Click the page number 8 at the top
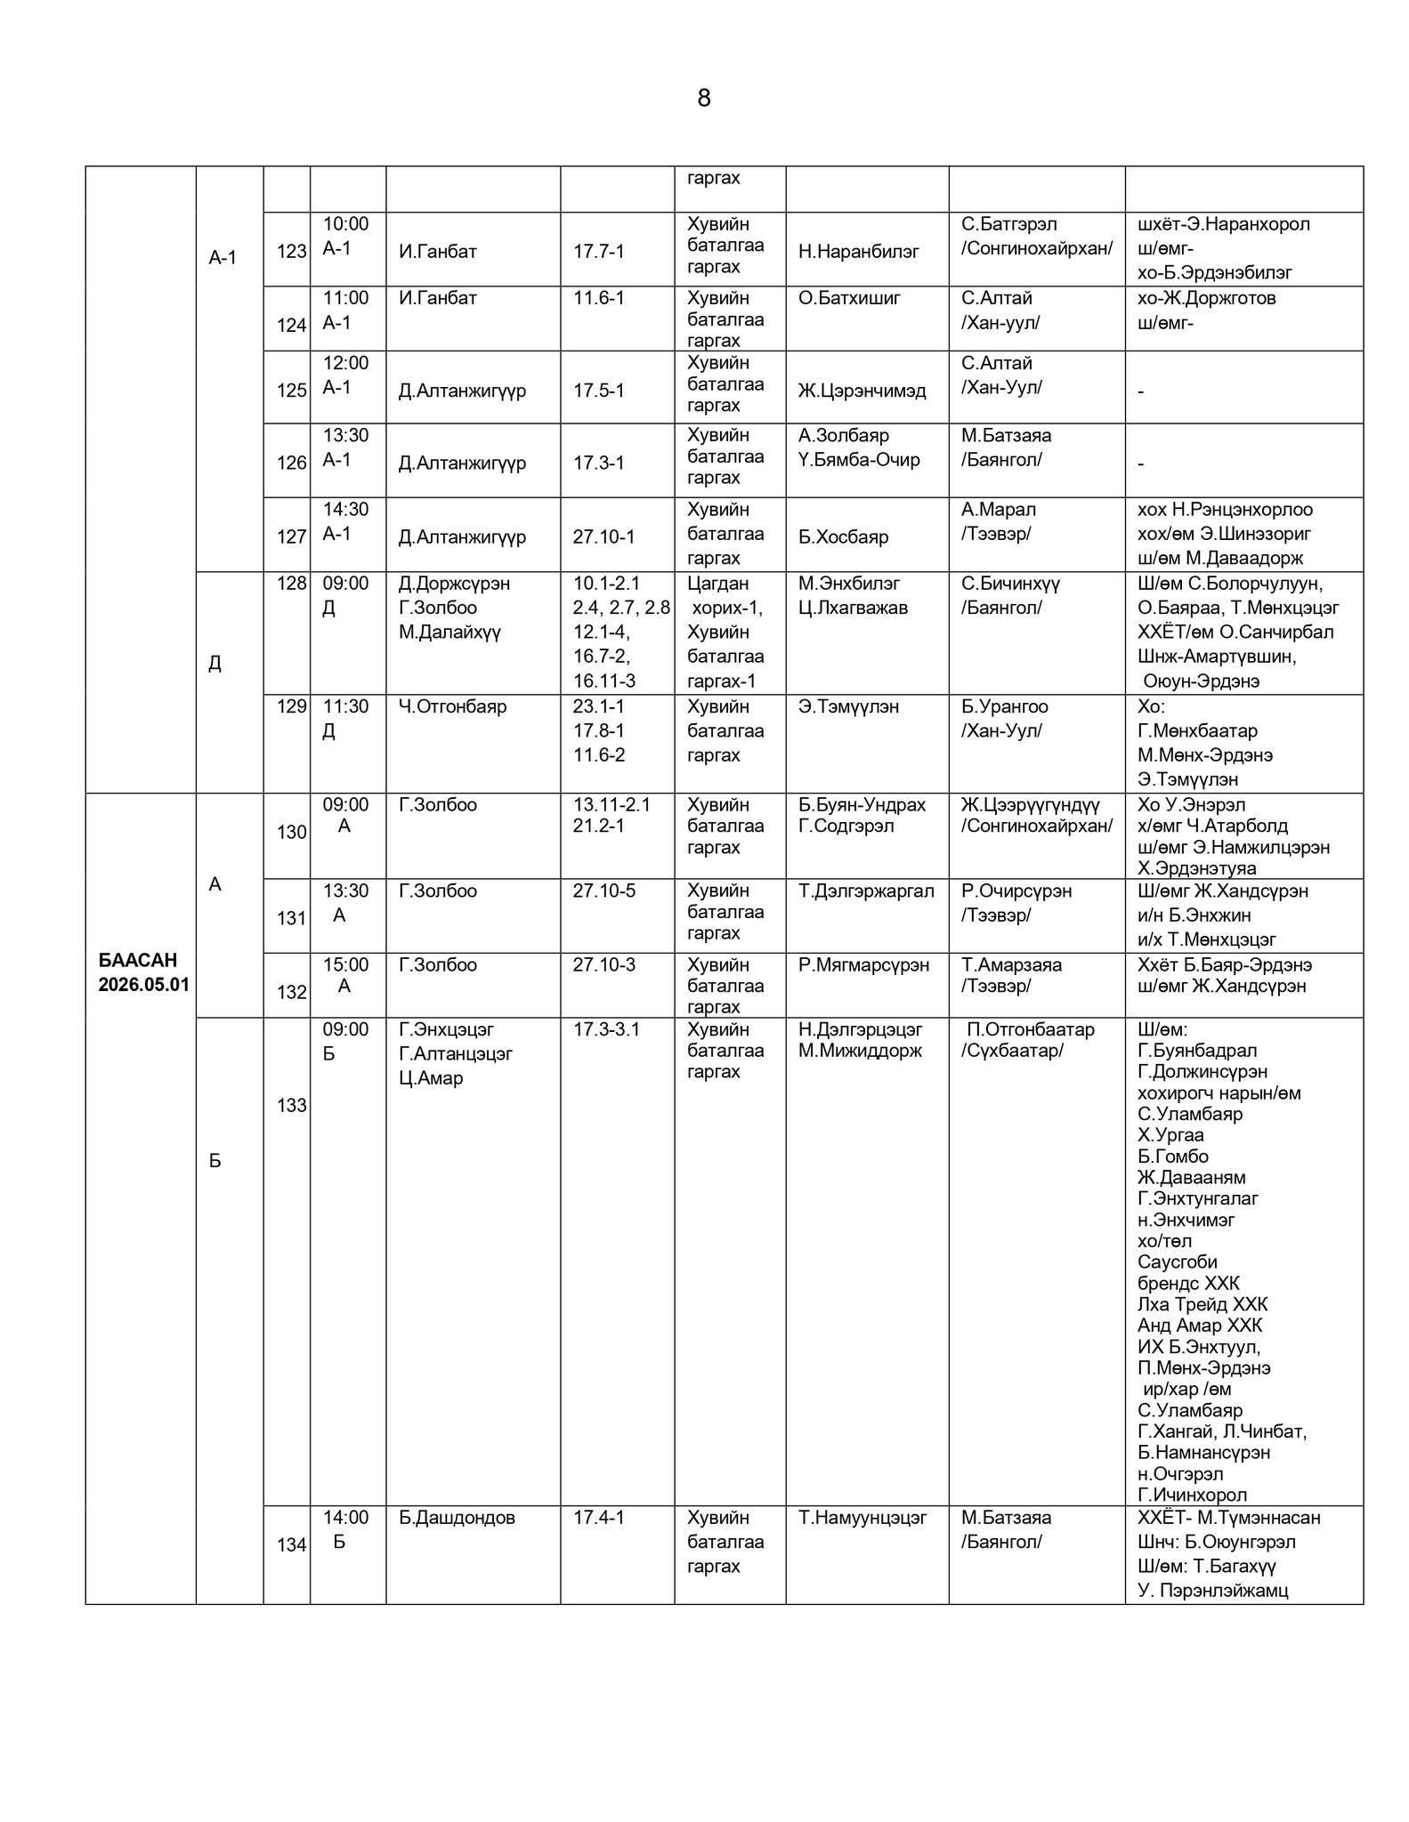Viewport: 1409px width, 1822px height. click(703, 99)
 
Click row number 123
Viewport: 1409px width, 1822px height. click(291, 252)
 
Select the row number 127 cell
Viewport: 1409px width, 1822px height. click(291, 536)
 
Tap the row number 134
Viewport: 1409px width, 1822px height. click(291, 1544)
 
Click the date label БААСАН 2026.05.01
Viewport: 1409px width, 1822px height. click(142, 972)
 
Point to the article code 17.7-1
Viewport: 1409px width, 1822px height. click(598, 252)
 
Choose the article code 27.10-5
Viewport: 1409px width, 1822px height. click(603, 891)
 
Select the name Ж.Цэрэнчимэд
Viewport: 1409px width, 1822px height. click(862, 391)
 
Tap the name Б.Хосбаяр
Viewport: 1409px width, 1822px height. click(843, 536)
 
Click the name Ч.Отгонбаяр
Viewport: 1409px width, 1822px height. click(452, 706)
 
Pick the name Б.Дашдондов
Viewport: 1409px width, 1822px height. click(457, 1517)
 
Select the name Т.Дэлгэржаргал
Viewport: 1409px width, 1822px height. click(866, 891)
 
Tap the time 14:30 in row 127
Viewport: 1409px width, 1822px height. click(345, 509)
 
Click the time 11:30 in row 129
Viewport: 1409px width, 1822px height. click(345, 706)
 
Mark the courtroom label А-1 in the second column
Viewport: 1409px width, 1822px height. click(223, 258)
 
